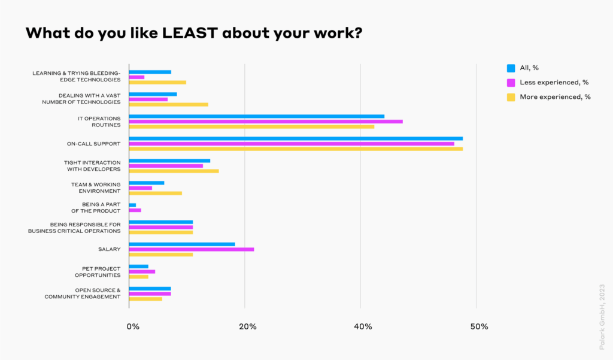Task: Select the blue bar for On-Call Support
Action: click(x=296, y=138)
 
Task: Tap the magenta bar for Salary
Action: click(x=192, y=249)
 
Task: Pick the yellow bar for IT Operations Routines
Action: click(x=251, y=126)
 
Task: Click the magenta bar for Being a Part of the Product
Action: click(x=135, y=210)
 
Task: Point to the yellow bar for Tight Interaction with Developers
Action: click(x=174, y=171)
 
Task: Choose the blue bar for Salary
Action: click(x=182, y=244)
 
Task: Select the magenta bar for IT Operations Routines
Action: click(x=266, y=121)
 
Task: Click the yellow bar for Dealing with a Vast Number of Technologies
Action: click(x=168, y=104)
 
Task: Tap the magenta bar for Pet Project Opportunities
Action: click(x=142, y=271)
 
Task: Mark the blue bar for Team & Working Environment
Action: click(x=147, y=183)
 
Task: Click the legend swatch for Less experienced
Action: click(x=511, y=83)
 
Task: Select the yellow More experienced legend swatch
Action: click(x=511, y=97)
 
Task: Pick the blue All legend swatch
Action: click(x=511, y=68)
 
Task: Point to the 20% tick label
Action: click(x=248, y=326)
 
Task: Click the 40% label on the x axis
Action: click(x=363, y=326)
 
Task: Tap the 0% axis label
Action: click(x=133, y=326)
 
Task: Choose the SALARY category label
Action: click(x=110, y=249)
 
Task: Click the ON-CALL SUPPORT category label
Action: click(x=94, y=144)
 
